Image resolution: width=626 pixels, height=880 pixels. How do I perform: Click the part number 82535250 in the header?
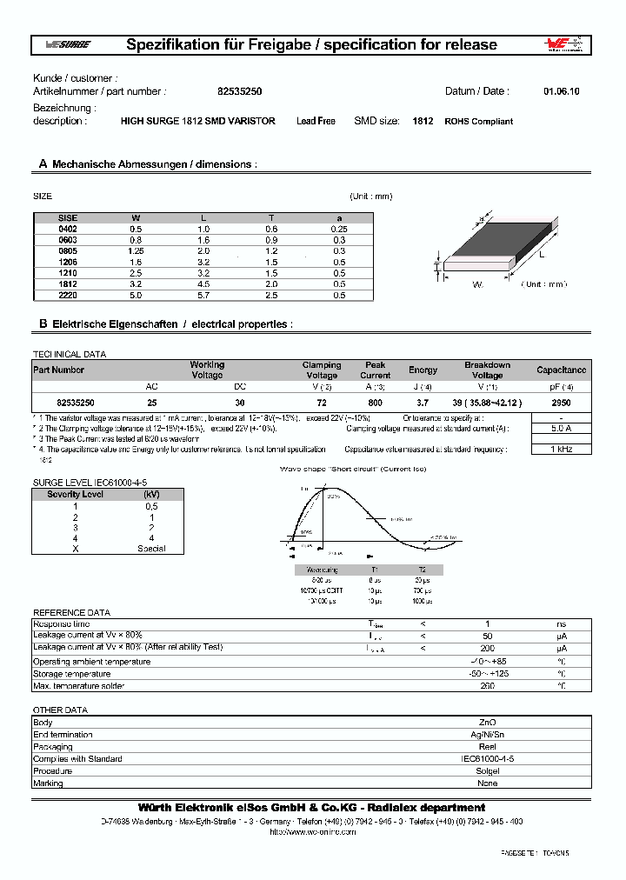coord(233,90)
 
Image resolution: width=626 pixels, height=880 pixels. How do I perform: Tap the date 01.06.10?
coord(562,90)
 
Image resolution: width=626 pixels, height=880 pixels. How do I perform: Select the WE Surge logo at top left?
coord(62,44)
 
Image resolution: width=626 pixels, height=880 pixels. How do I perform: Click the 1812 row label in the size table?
coord(67,283)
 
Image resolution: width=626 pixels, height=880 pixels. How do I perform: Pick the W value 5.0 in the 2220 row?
coord(136,295)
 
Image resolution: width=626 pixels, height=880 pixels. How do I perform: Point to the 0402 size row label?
coord(67,228)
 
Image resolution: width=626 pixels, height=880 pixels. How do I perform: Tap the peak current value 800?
coord(376,403)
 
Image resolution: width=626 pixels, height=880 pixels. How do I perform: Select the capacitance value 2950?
coord(562,403)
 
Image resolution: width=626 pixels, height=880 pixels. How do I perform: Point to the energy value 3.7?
coord(423,403)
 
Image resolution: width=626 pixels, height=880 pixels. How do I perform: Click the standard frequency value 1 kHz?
coord(562,450)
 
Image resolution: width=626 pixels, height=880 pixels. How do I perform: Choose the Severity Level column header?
coord(76,494)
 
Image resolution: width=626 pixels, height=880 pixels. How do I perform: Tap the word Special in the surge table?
coord(151,549)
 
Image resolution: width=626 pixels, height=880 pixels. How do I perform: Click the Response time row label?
coord(61,624)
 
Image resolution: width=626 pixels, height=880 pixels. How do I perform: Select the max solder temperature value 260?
coord(488,686)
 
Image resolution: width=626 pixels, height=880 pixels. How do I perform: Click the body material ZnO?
coord(488,723)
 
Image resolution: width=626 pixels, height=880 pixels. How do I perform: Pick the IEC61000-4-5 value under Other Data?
coord(488,759)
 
